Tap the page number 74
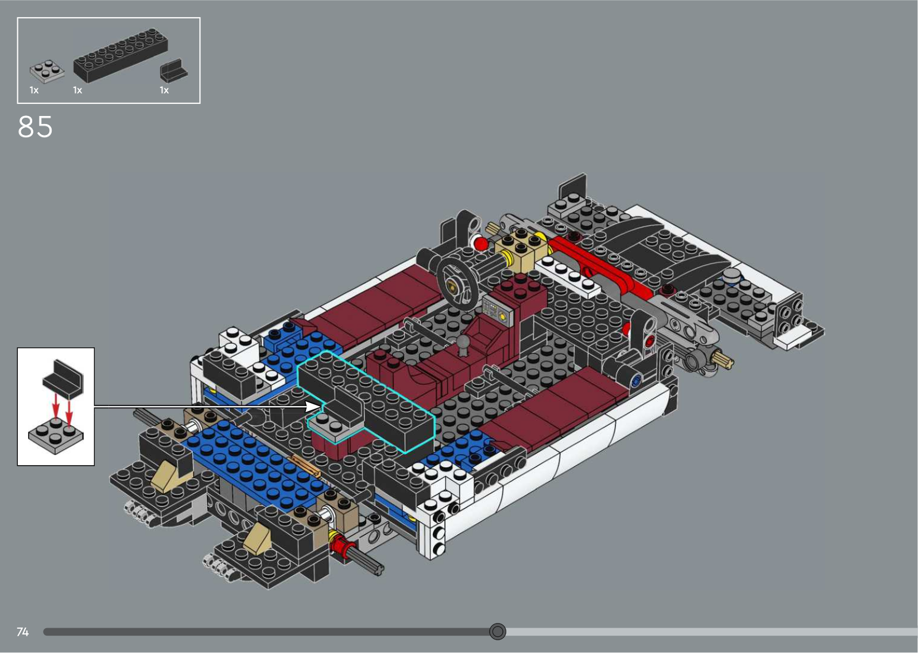point(22,632)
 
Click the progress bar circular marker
point(497,632)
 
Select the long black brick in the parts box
point(121,55)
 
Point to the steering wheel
point(459,283)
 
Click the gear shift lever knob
point(464,342)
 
